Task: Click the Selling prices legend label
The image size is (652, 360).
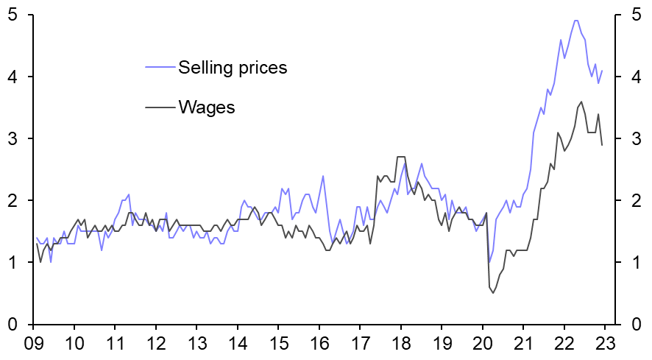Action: [x=233, y=68]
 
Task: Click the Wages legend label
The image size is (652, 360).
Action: [x=206, y=107]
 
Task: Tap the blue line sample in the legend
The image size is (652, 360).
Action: [x=160, y=68]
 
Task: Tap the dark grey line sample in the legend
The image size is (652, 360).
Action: [x=160, y=107]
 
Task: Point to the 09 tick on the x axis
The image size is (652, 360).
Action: [x=32, y=342]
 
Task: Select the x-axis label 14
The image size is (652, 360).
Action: [x=237, y=342]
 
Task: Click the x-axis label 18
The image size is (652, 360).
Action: [x=400, y=342]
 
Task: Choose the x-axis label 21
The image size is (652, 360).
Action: [x=523, y=342]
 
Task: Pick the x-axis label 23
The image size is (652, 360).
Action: [x=605, y=342]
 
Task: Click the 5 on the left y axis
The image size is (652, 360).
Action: [x=13, y=15]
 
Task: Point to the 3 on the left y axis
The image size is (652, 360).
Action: [x=13, y=139]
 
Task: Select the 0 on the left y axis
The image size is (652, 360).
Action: [x=13, y=325]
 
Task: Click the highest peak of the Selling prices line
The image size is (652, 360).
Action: [x=575, y=21]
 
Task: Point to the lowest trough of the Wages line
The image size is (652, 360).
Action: [x=493, y=293]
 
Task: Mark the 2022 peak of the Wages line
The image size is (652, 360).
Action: [x=581, y=102]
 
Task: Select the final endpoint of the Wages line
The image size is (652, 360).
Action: [x=602, y=145]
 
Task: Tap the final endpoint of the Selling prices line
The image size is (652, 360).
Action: [x=602, y=71]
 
